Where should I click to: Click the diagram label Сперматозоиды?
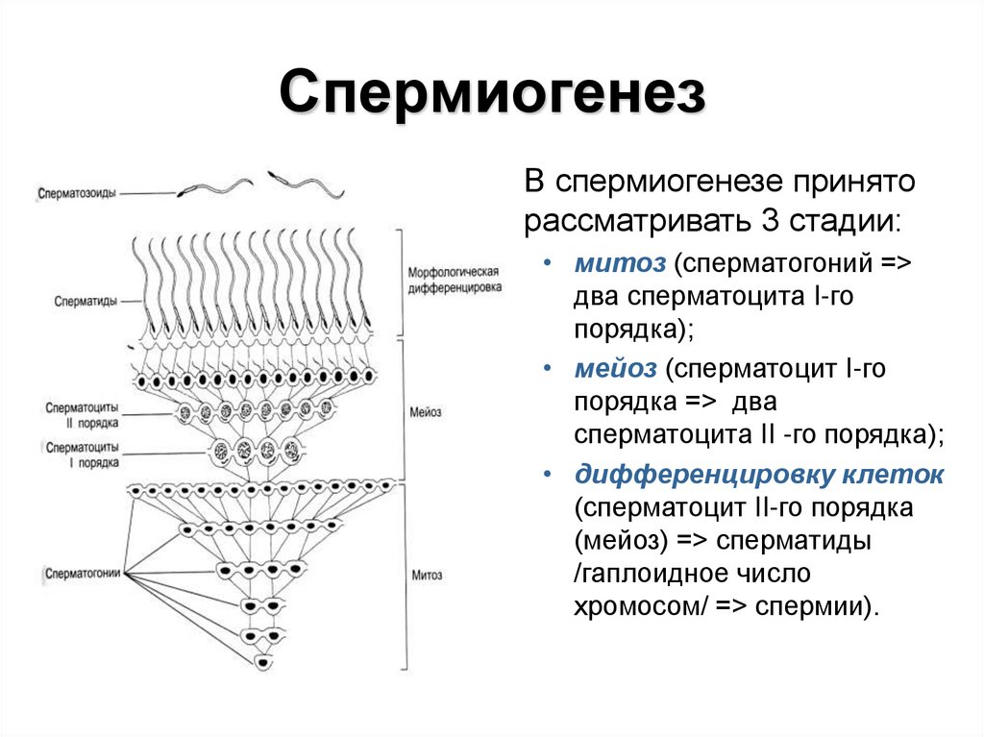tap(78, 192)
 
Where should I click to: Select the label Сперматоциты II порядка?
tap(82, 414)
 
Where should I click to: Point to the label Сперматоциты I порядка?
tap(82, 454)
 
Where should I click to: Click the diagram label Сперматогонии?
tap(83, 574)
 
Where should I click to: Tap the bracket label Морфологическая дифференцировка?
tap(454, 280)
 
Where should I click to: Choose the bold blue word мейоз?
tap(616, 367)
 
